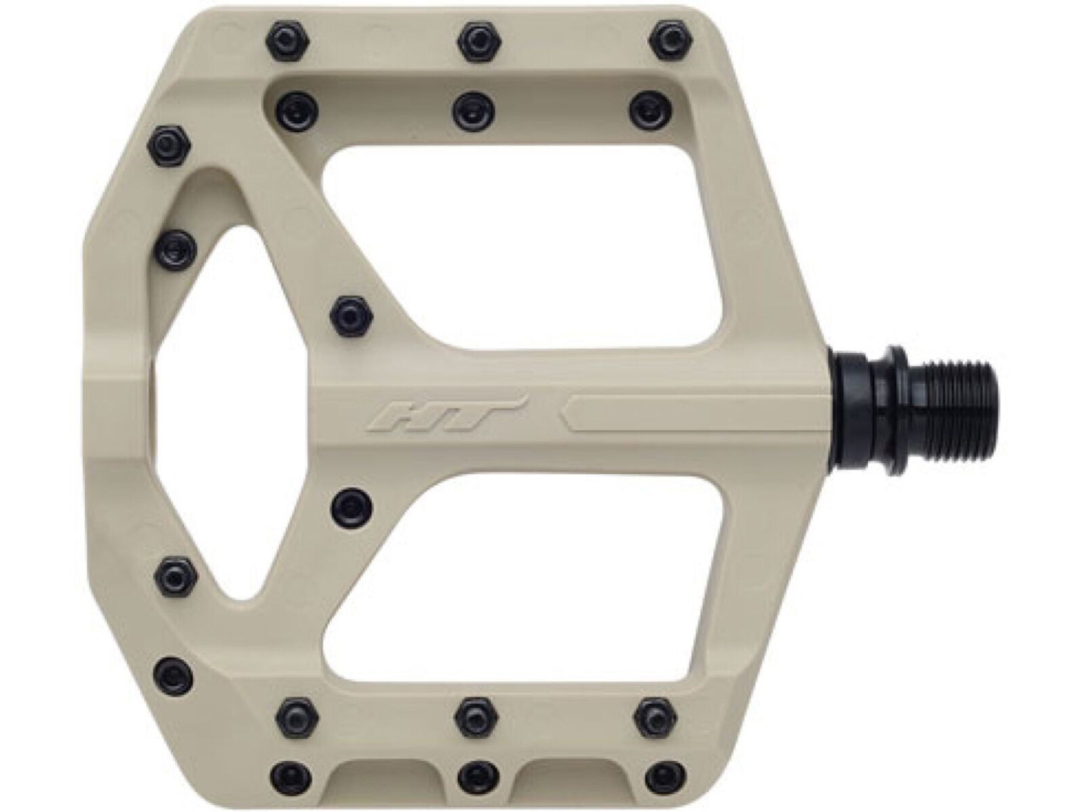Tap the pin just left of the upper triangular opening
177,247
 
